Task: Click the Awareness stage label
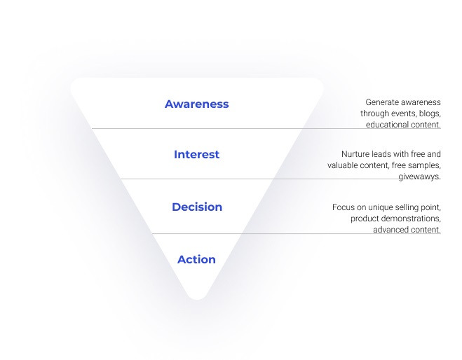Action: click(x=196, y=104)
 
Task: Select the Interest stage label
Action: click(x=196, y=154)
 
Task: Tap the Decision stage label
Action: click(x=197, y=207)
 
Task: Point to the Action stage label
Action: click(x=196, y=259)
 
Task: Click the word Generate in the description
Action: click(x=379, y=102)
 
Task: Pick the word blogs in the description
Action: click(x=430, y=113)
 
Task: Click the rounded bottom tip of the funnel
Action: click(x=197, y=298)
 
